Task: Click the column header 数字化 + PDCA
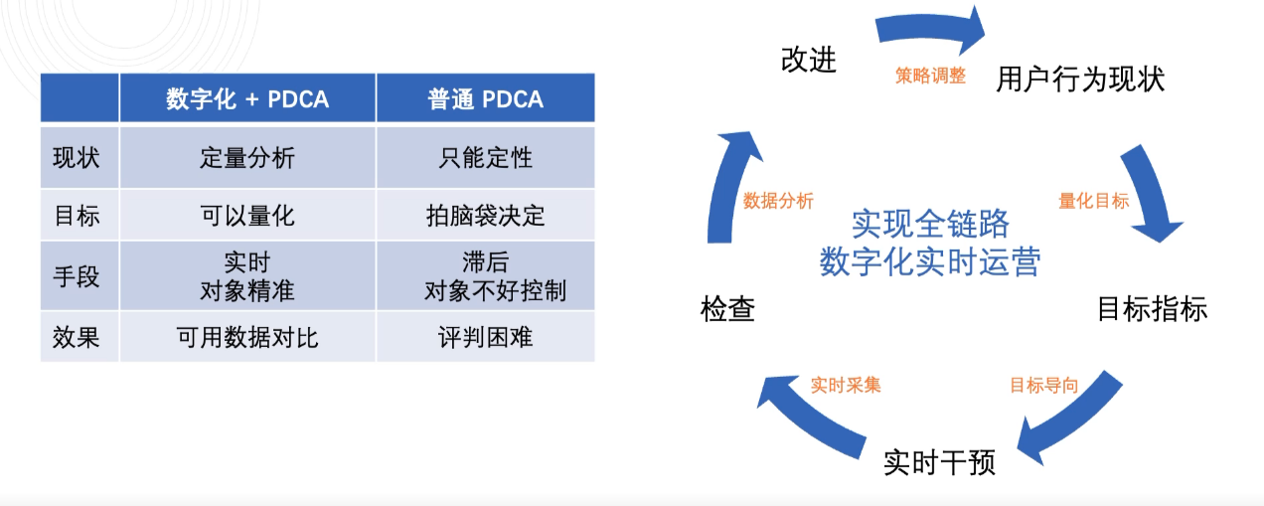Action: (247, 99)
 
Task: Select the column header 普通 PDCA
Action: (485, 99)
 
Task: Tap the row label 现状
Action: (77, 158)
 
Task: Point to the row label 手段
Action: (77, 276)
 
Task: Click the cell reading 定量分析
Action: (247, 158)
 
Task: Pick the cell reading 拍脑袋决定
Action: (485, 216)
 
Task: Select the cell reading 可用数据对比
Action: (247, 337)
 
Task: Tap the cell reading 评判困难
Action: (485, 337)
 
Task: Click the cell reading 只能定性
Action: (485, 158)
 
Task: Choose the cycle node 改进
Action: (809, 61)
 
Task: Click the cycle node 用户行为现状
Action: (1080, 80)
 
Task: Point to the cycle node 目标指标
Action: (1152, 309)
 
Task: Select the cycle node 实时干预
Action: (939, 463)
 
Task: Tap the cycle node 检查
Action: (727, 310)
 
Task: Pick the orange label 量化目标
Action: (1093, 201)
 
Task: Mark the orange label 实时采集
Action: (845, 385)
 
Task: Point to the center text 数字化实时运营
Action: (930, 261)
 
